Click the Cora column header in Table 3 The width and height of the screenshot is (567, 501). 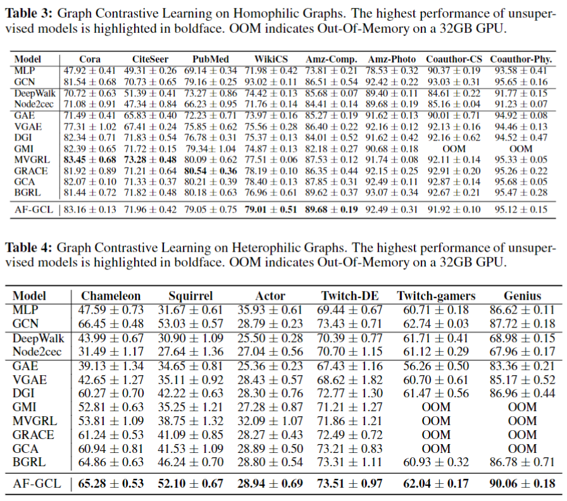[90, 59]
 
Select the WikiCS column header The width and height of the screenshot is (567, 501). [271, 59]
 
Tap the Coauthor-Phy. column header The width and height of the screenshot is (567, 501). [521, 59]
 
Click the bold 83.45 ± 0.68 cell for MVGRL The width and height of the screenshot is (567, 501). [90, 160]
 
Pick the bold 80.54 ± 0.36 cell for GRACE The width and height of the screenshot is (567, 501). [211, 171]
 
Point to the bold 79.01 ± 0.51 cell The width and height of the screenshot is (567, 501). [271, 209]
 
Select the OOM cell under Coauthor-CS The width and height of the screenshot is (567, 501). [454, 149]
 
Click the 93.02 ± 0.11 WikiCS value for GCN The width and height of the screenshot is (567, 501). [271, 82]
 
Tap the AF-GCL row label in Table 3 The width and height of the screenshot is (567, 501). [34, 209]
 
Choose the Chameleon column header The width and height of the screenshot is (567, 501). [111, 296]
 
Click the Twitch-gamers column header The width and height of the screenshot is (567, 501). [436, 296]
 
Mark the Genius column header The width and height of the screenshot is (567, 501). [522, 296]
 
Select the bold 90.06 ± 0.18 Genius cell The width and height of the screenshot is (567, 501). [522, 484]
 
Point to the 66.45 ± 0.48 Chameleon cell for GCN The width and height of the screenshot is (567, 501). [111, 324]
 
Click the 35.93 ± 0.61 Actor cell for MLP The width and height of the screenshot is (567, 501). [270, 310]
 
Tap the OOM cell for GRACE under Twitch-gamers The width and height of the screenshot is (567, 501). [436, 435]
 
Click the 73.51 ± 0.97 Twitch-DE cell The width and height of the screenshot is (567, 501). [350, 484]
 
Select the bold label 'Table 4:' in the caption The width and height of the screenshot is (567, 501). [29, 248]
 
